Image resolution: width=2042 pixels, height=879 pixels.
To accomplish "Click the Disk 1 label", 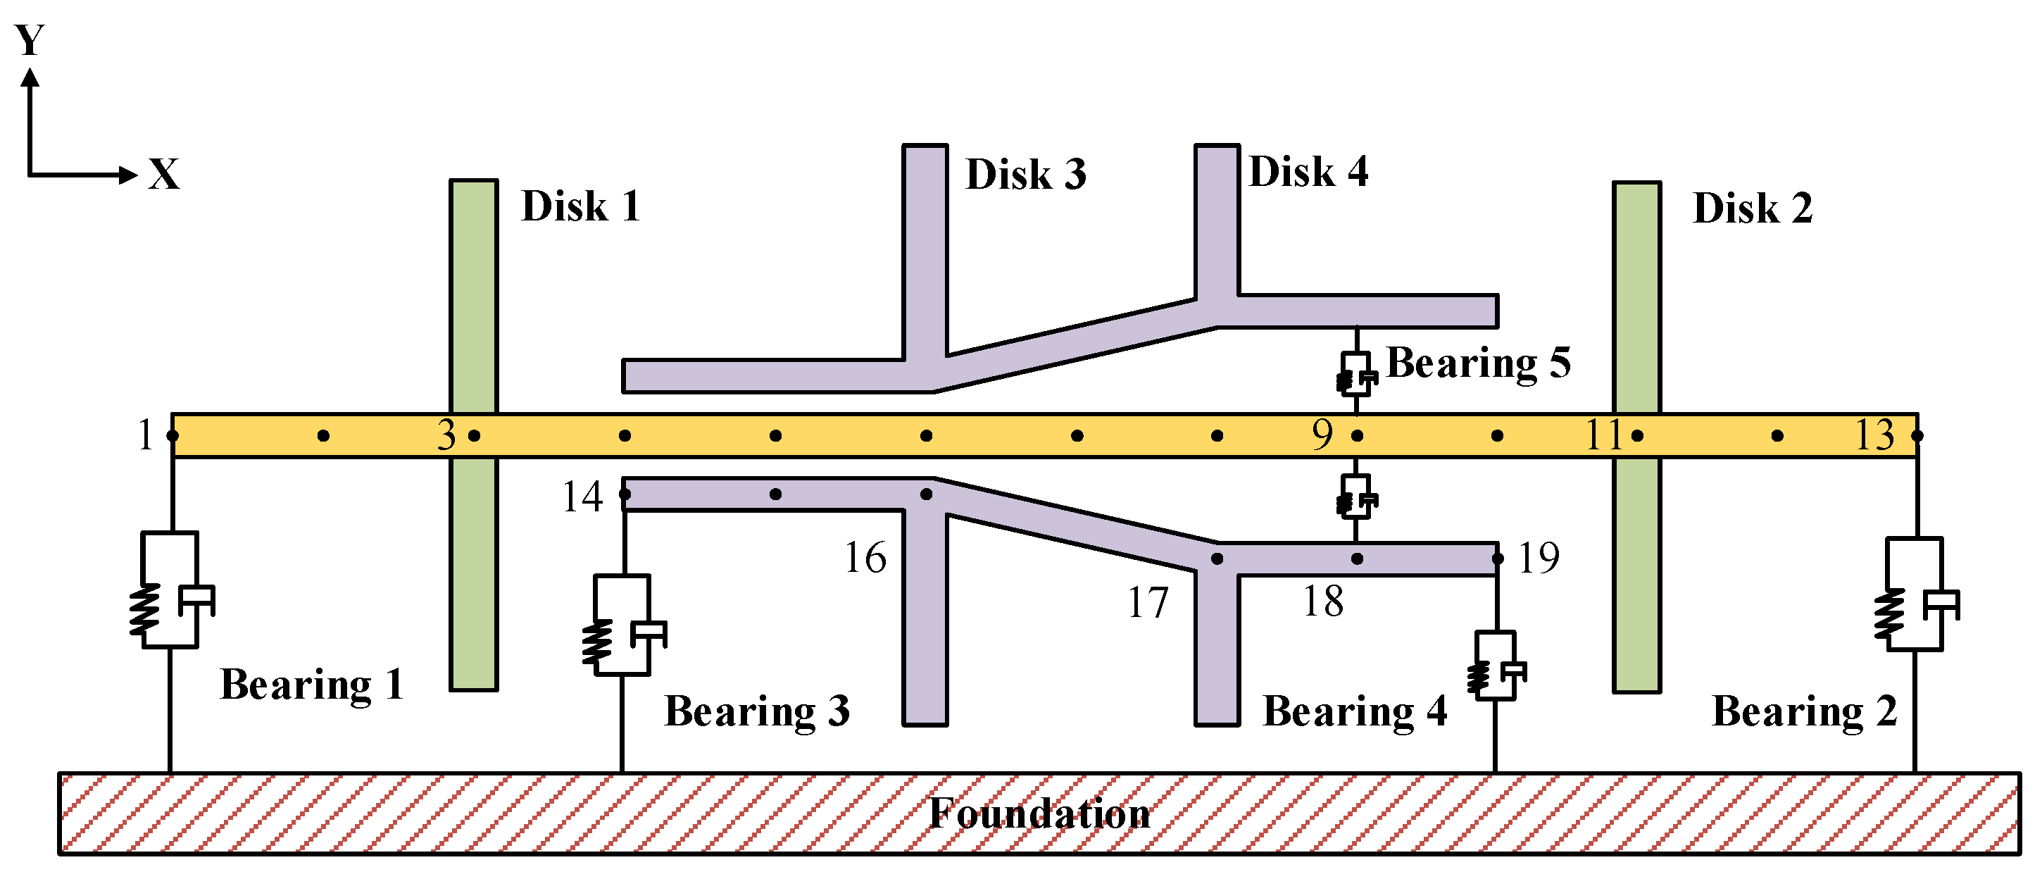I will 580,207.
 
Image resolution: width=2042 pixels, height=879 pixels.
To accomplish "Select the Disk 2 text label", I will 1752,209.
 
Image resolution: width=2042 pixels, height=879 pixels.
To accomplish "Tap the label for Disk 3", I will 1025,175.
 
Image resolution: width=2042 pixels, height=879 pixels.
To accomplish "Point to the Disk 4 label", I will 1308,172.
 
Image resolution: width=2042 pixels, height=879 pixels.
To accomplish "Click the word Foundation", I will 1039,813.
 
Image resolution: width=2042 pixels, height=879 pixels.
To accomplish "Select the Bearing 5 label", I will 1477,363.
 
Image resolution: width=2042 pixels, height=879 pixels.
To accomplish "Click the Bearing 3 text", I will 756,711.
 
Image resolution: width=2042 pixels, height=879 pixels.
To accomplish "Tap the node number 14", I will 582,498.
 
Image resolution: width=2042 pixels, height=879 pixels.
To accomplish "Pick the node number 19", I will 1539,558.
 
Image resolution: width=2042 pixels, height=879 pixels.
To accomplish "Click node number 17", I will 1147,603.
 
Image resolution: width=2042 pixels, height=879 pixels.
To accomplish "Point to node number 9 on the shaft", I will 1322,435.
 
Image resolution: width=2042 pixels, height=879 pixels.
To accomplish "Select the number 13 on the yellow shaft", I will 1874,435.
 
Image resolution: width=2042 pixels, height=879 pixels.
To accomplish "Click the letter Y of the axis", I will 30,39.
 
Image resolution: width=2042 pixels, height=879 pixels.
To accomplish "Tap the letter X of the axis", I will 164,173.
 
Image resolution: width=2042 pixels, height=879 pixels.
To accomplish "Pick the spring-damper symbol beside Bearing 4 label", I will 1496,666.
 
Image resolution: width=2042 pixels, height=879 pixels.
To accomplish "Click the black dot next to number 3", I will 474,435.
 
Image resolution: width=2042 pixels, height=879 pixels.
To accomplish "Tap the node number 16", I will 865,558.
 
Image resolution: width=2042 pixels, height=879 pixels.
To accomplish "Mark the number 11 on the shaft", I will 1603,435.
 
